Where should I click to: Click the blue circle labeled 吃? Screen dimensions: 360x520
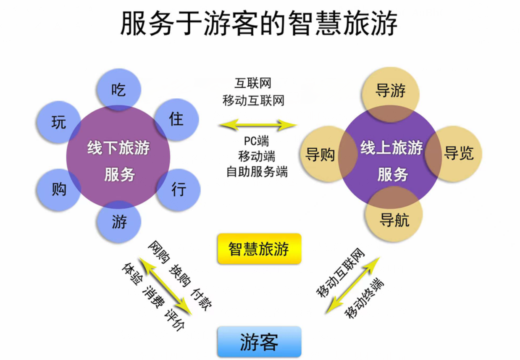119,89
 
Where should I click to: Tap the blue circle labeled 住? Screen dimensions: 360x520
176,119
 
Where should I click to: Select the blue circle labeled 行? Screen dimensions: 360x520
179,190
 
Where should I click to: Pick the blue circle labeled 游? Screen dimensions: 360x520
119,221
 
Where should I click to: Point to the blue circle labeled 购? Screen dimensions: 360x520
59,190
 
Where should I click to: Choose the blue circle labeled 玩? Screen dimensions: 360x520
59,123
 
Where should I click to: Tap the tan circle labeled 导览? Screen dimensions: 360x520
458,154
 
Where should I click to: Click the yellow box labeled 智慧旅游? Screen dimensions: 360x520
259,249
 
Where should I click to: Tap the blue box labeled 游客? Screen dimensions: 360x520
259,342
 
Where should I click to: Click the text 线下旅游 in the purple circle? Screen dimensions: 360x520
118,148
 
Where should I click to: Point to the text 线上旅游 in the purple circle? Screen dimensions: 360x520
391,148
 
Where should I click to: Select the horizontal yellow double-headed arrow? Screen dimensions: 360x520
257,125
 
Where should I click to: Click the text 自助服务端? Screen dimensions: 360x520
257,172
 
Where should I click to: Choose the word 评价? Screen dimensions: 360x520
174,320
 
